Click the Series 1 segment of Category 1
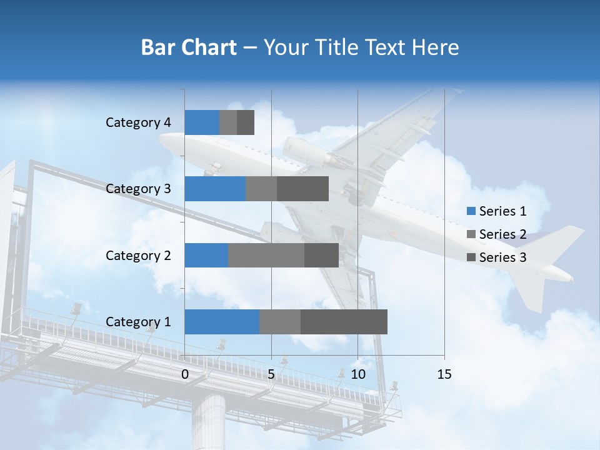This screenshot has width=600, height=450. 222,322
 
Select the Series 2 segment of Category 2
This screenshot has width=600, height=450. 266,255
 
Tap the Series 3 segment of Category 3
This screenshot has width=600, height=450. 302,189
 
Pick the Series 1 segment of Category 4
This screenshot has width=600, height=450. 202,122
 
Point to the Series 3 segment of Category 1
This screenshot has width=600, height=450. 344,322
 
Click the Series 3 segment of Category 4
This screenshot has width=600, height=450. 246,122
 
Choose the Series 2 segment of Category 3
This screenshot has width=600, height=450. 261,189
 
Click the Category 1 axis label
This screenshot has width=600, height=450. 138,322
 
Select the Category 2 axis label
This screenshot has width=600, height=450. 138,255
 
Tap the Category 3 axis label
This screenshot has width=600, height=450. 138,188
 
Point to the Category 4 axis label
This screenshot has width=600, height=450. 138,122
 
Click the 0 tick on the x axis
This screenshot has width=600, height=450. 185,374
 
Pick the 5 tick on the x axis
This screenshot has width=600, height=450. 271,374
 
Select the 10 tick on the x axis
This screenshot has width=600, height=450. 357,374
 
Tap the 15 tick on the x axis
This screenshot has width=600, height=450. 444,374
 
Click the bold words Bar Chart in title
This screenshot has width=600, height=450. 189,47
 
